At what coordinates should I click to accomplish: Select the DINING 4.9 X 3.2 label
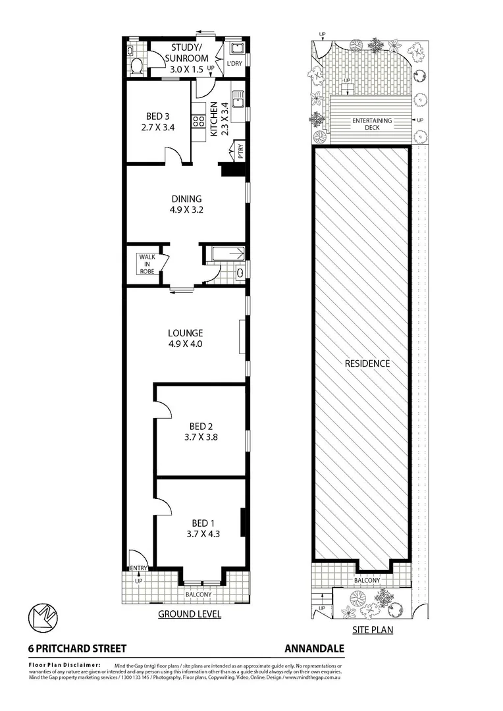coord(186,204)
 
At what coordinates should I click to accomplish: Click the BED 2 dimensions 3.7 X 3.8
coord(200,435)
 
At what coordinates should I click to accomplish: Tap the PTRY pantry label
coord(240,151)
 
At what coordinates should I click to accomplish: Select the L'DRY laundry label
coord(234,64)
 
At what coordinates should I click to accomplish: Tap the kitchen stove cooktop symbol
coord(198,120)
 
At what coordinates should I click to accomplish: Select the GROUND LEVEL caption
coord(189,614)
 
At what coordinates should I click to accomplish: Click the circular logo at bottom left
coord(43,618)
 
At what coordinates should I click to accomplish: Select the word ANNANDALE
coord(314,648)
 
